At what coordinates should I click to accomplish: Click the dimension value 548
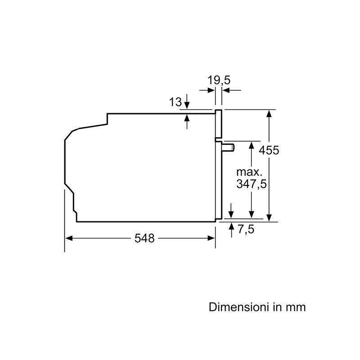click(x=144, y=238)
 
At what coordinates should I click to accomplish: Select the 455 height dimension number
click(x=269, y=150)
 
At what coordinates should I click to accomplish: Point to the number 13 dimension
click(x=175, y=102)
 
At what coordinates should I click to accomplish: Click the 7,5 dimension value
click(x=246, y=229)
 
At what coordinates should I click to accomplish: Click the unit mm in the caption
click(x=296, y=307)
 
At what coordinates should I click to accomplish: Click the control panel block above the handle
click(x=219, y=124)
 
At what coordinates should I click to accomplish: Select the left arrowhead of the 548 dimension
click(x=68, y=238)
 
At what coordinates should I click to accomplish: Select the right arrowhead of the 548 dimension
click(x=212, y=238)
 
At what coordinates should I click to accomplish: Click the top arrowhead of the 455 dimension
click(x=269, y=112)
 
